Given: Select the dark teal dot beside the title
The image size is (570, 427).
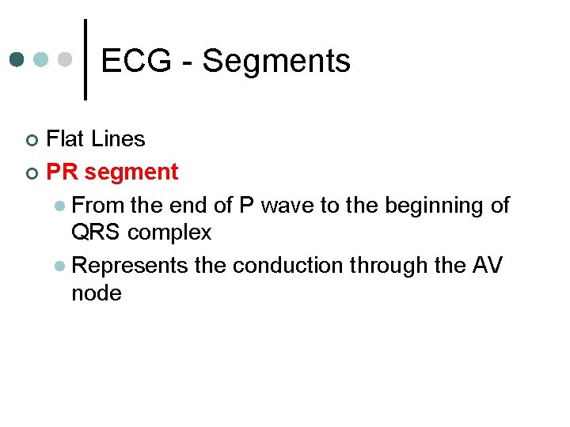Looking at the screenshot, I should [x=17, y=60].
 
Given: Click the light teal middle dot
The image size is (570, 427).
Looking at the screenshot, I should [x=42, y=60].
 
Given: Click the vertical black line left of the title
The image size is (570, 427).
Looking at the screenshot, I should [x=85, y=60].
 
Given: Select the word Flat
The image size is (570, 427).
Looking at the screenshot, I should [x=66, y=139].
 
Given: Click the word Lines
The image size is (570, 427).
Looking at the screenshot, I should [x=118, y=139].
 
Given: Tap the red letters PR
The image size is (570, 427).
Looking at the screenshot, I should [x=63, y=172].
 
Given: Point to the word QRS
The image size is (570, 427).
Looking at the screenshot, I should [x=96, y=233].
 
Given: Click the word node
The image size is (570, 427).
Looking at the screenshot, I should [x=96, y=294].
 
